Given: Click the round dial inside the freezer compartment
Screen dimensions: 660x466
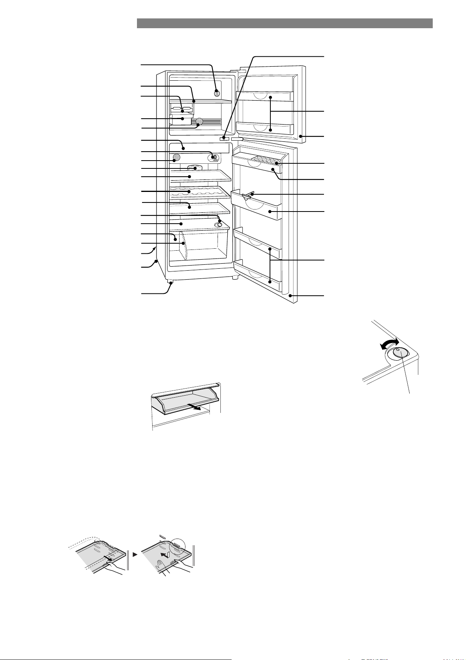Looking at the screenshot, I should pyautogui.click(x=217, y=93).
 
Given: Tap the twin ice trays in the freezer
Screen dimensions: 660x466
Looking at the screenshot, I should pyautogui.click(x=182, y=109).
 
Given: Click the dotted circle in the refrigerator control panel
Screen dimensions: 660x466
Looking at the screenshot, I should pyautogui.click(x=176, y=157).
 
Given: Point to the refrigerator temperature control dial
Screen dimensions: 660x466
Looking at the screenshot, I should pyautogui.click(x=214, y=157).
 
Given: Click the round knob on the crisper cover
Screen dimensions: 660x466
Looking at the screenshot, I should pyautogui.click(x=220, y=224).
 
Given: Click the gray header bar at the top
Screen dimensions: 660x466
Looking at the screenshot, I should pyautogui.click(x=284, y=23).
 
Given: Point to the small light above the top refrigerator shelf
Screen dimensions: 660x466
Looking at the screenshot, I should pyautogui.click(x=195, y=167).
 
